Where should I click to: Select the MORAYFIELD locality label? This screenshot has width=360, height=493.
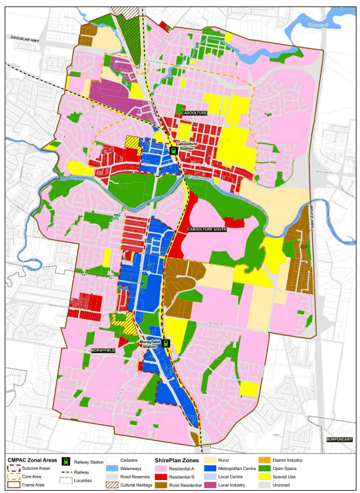pyautogui.click(x=104, y=350)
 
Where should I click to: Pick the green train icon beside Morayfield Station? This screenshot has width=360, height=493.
pyautogui.click(x=167, y=343)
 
